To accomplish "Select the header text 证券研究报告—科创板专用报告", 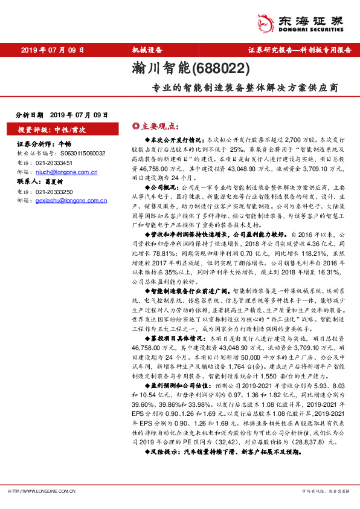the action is (299, 50).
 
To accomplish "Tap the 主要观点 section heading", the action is (157, 126).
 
